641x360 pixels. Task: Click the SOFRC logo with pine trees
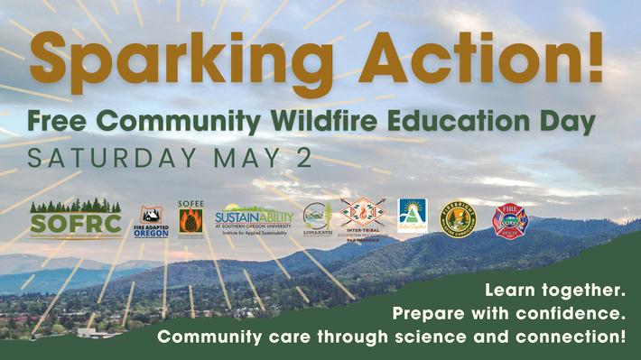[x=75, y=218]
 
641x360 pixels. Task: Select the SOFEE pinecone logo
[x=191, y=218]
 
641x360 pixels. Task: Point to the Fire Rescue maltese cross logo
[x=508, y=219]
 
